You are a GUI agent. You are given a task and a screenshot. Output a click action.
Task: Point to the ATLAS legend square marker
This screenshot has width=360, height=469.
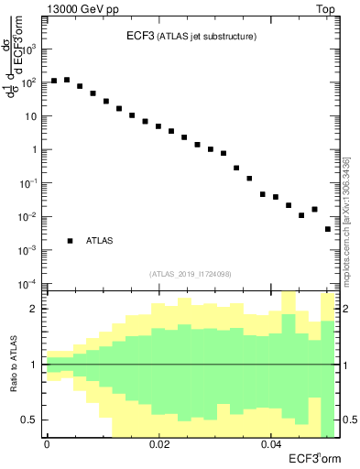(70, 241)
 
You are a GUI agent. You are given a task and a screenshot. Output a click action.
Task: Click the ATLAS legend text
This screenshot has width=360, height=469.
(100, 241)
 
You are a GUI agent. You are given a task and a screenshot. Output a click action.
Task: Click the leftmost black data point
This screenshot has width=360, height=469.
(54, 81)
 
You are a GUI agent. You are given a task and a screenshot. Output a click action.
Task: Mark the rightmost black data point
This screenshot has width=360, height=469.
(328, 229)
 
